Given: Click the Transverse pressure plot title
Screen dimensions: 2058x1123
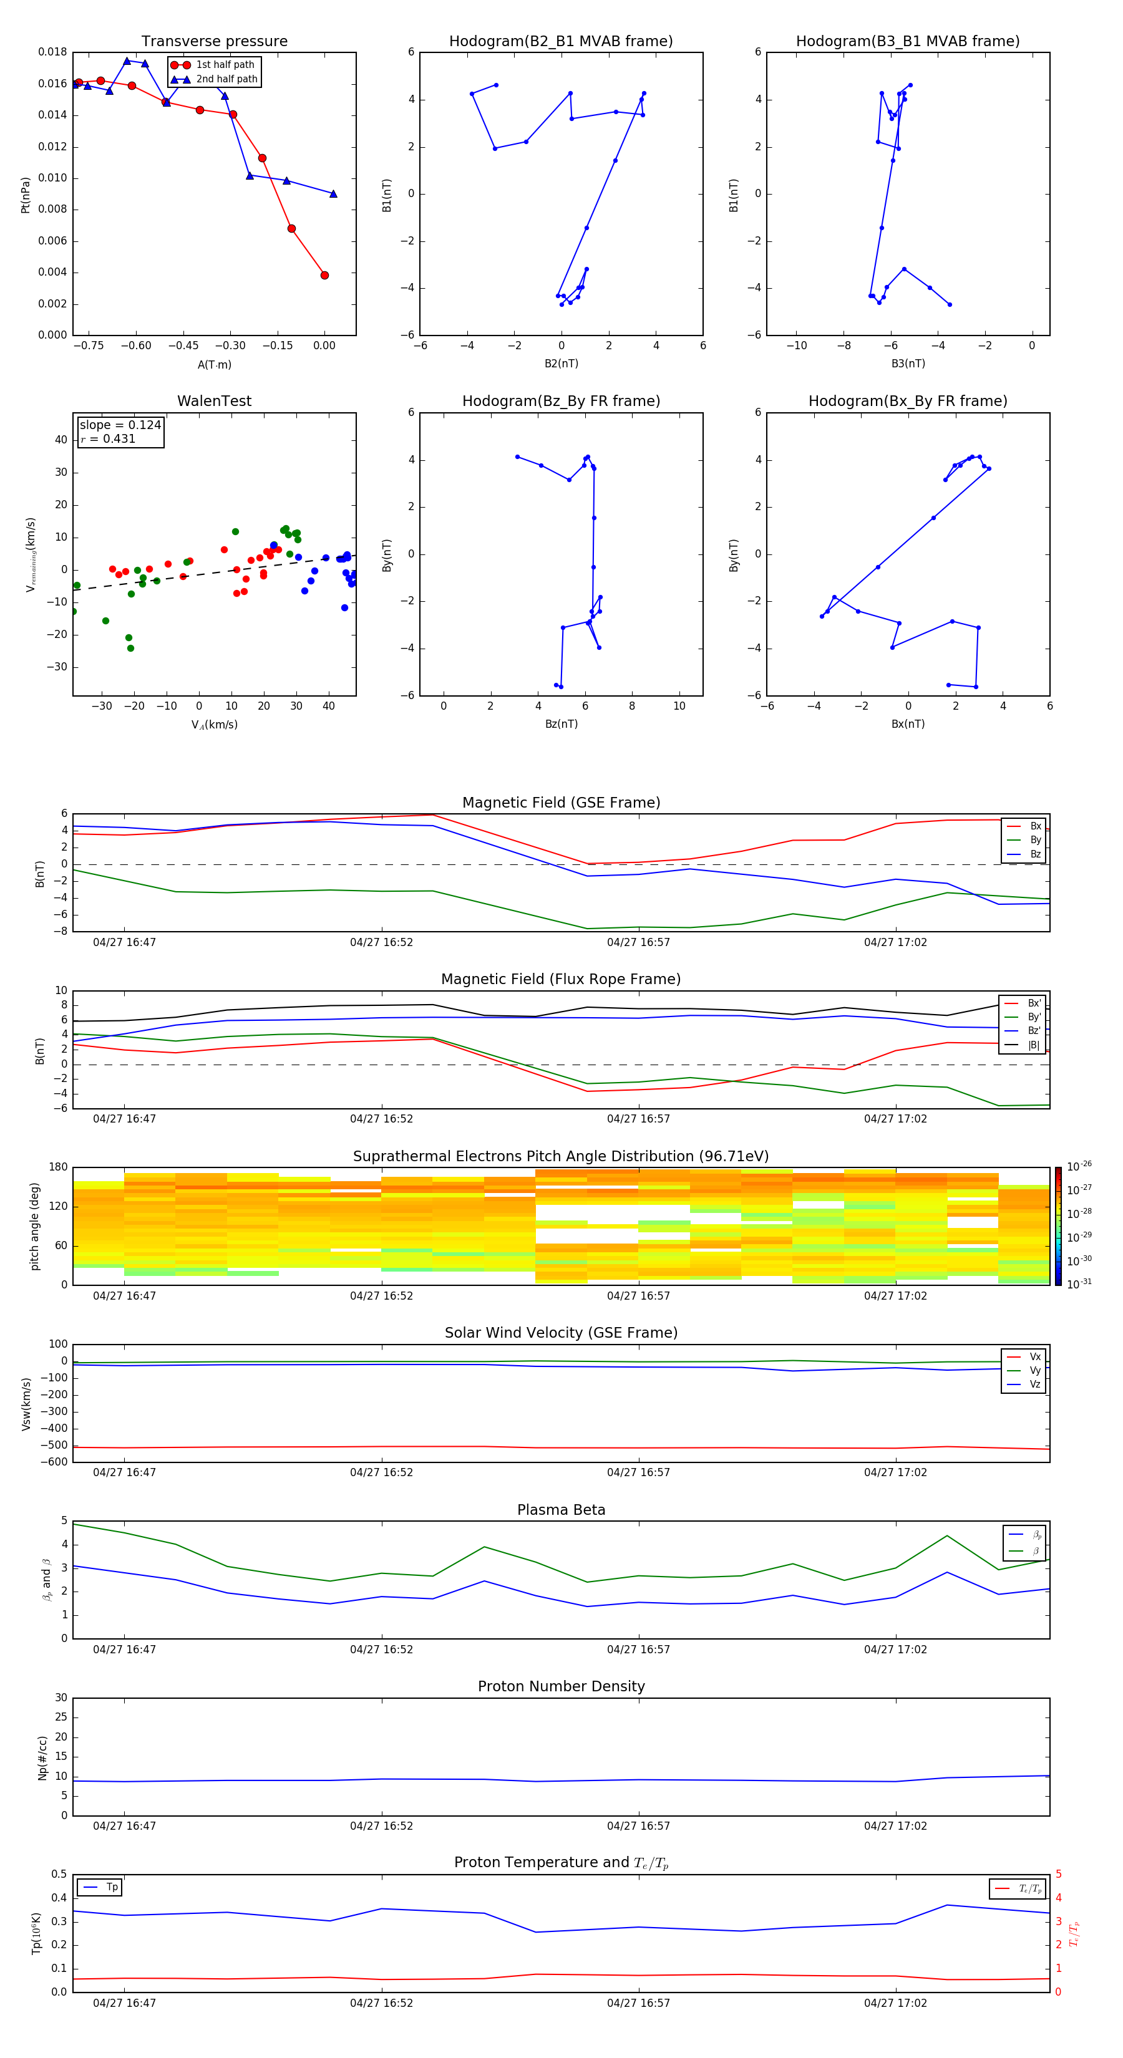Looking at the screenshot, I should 214,42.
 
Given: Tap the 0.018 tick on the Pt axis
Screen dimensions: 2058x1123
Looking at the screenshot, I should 53,52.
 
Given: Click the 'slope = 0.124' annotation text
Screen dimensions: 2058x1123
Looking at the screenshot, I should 120,425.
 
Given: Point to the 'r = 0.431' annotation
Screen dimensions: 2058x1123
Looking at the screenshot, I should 108,438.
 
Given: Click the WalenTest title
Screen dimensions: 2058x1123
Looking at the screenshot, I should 214,401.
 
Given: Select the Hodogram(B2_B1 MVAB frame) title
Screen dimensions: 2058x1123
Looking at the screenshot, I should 560,42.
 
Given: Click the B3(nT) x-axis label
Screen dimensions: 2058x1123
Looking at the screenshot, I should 908,364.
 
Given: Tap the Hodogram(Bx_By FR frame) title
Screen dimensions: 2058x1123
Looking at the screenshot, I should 907,401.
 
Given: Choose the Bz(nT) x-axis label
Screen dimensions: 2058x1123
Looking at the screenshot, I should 561,724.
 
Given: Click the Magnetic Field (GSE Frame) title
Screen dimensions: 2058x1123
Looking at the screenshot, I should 561,803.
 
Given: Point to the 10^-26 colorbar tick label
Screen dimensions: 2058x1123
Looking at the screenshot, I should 1079,1166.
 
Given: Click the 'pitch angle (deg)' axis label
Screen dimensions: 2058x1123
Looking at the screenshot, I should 35,1226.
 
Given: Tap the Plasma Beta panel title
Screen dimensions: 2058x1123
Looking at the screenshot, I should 561,1510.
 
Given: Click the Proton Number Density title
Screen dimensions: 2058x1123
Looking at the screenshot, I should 561,1686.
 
